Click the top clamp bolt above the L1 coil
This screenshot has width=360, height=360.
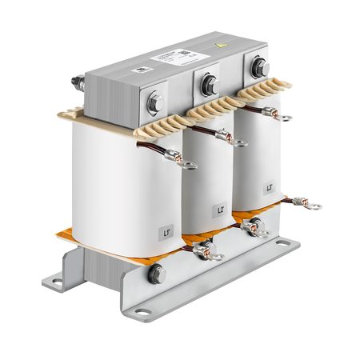pos(155,102)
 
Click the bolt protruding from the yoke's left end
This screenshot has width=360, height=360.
pos(78,82)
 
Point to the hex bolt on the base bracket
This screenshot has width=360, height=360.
pos(156,274)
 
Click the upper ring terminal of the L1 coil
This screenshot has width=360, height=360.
pos(188,166)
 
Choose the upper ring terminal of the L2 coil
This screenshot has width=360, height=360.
pos(240,143)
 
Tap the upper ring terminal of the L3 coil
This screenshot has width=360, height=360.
pos(286,118)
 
